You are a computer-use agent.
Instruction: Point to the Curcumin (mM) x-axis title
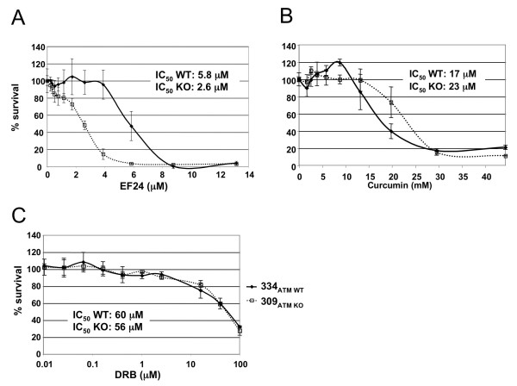(x=403, y=187)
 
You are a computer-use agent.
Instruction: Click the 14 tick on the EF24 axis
(x=249, y=175)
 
